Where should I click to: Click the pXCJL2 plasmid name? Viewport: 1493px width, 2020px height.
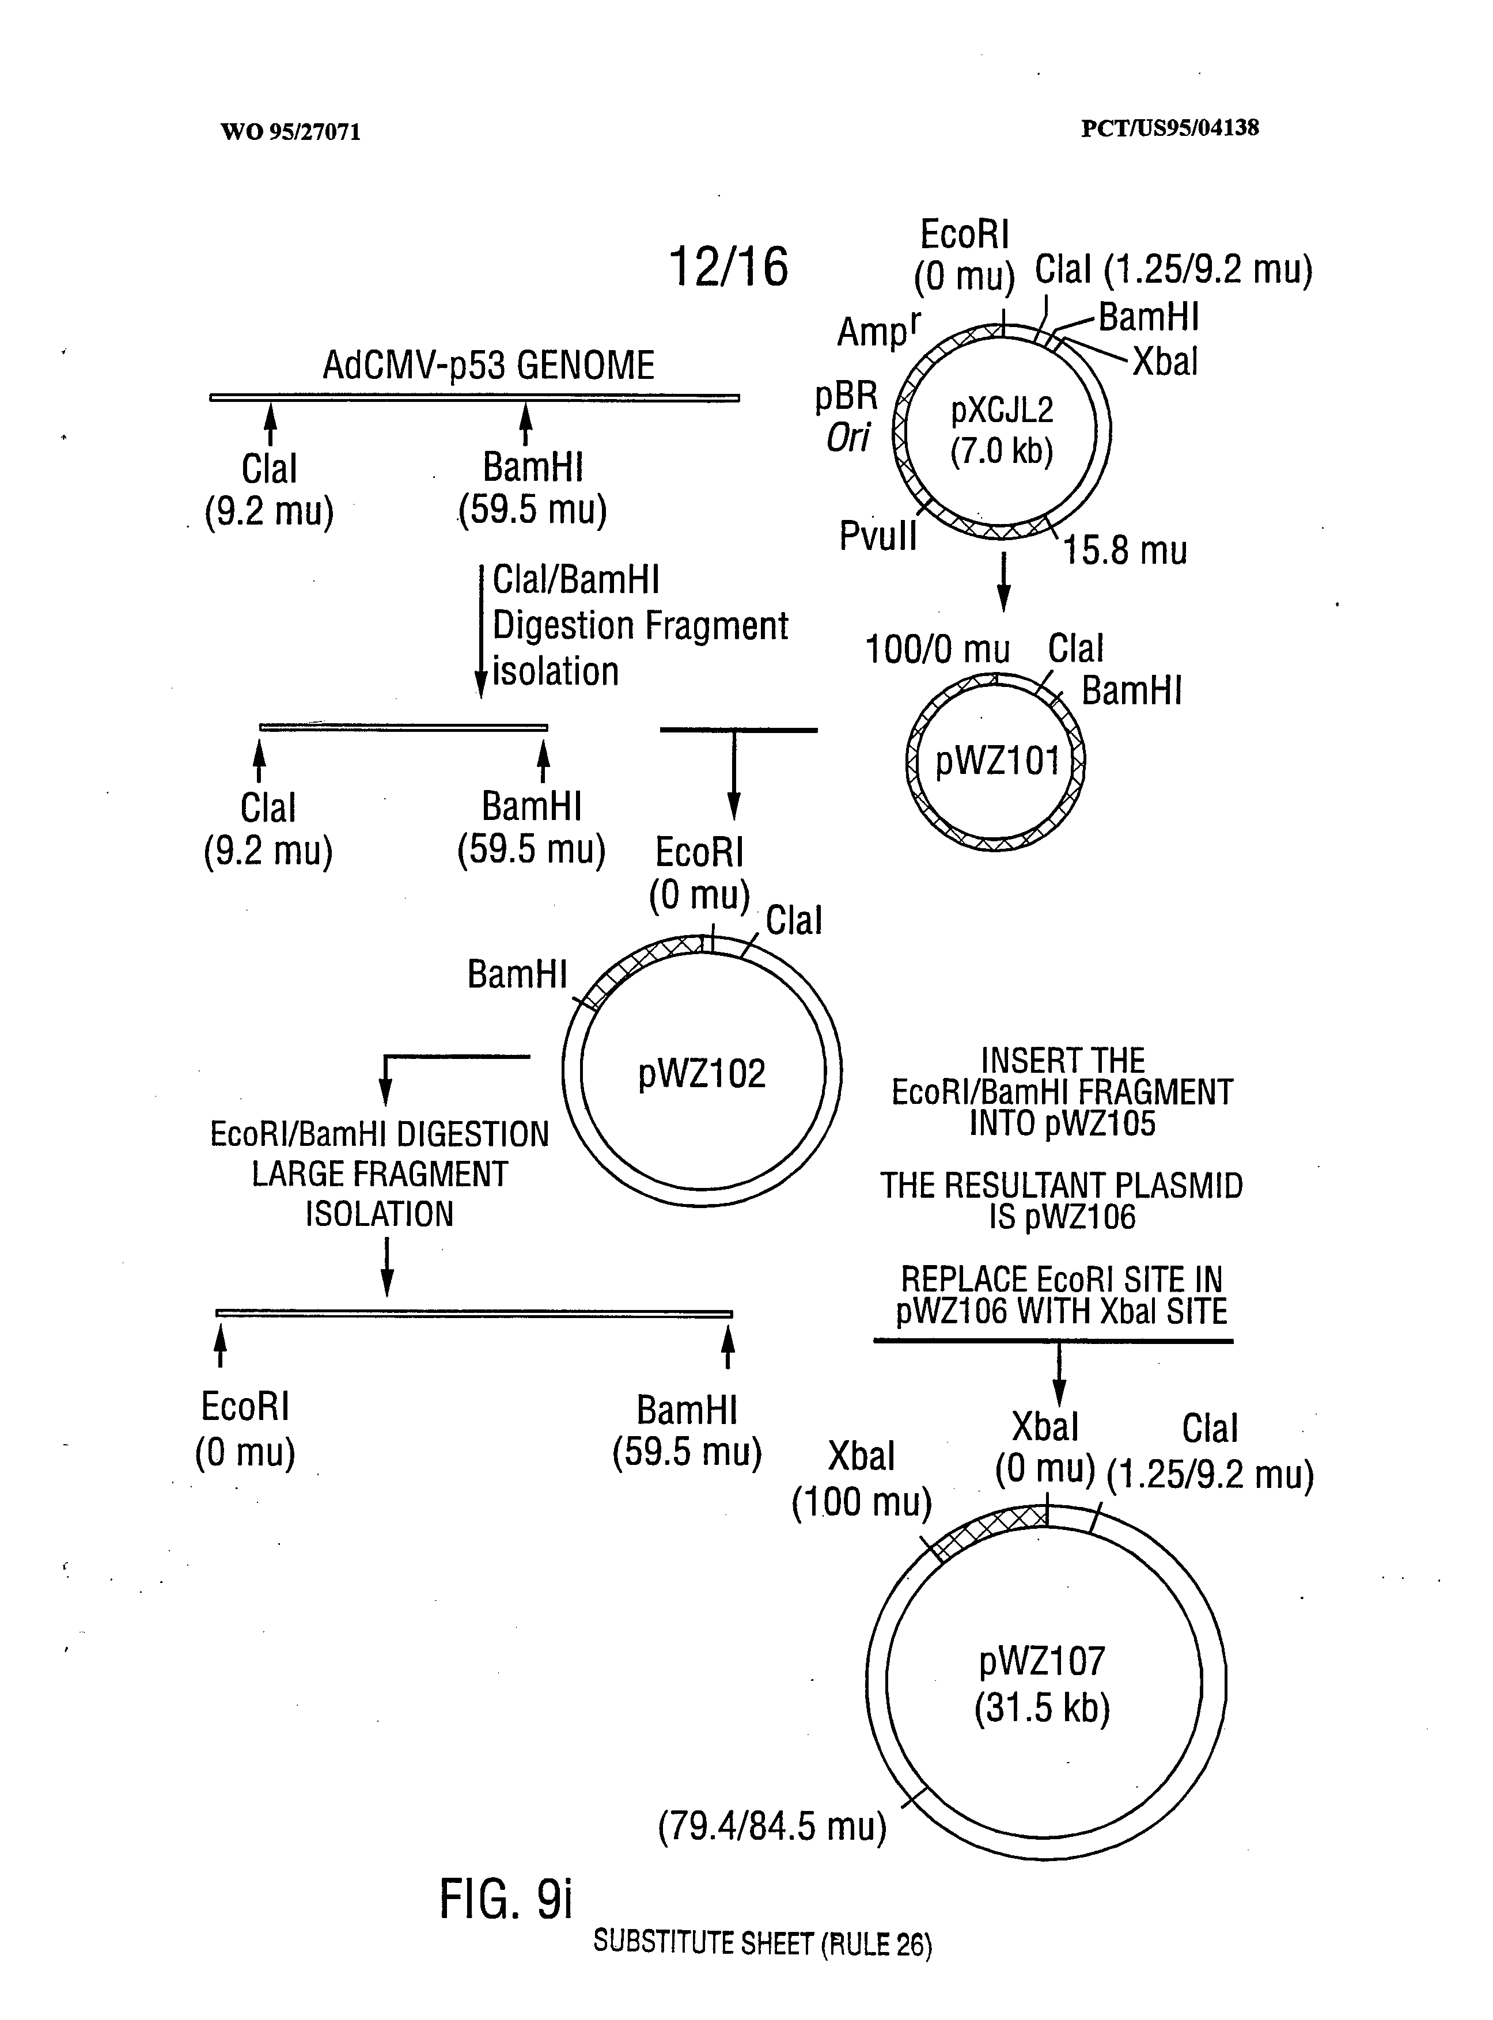click(1001, 411)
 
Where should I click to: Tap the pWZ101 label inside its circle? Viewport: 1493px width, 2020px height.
click(997, 761)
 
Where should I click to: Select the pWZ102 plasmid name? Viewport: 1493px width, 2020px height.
click(702, 1073)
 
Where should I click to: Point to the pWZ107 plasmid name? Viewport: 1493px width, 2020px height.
click(1042, 1661)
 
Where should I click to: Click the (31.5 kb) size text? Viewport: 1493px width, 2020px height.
click(1042, 1708)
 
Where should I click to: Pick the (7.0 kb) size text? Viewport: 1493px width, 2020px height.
click(1001, 450)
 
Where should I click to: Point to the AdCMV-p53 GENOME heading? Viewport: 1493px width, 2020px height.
click(488, 366)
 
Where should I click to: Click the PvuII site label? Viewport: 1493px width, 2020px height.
click(878, 536)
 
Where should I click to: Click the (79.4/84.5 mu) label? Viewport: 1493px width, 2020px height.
click(772, 1826)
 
